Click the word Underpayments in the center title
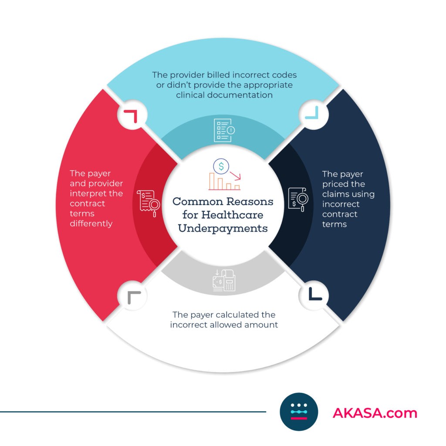coord(223,227)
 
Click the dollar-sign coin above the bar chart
coord(221,166)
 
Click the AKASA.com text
coord(375,412)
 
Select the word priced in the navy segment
coord(338,184)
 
